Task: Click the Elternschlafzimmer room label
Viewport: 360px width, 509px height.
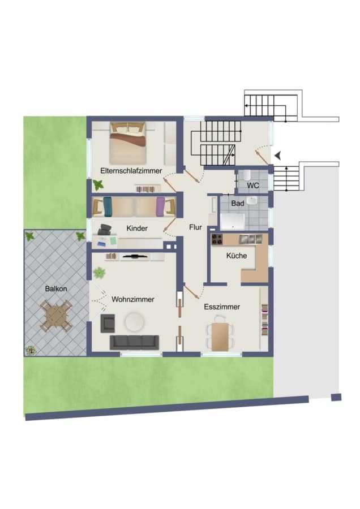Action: (131, 170)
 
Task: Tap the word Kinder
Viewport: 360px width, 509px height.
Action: (137, 228)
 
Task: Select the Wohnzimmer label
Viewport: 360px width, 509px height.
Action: (132, 299)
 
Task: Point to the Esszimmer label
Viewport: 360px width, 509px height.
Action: (222, 307)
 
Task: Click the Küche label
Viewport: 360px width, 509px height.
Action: (237, 256)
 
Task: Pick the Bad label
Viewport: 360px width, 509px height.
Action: (238, 204)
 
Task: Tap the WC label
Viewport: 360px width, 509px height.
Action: (253, 186)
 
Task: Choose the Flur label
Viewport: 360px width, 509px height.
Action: (195, 227)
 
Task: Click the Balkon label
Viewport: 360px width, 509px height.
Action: (56, 288)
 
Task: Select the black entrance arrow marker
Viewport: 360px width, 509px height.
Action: (278, 156)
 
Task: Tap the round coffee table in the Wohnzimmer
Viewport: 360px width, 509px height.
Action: (134, 322)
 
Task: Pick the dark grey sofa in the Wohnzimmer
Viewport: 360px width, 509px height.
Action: (135, 343)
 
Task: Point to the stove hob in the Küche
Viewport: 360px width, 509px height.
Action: (217, 239)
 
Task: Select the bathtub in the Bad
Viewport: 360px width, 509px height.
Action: (232, 221)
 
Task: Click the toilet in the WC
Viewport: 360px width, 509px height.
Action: (246, 175)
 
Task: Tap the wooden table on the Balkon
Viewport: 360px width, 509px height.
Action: (56, 316)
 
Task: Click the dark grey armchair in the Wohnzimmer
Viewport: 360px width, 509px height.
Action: (108, 323)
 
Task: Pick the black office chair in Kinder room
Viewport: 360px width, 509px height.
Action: (104, 230)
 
